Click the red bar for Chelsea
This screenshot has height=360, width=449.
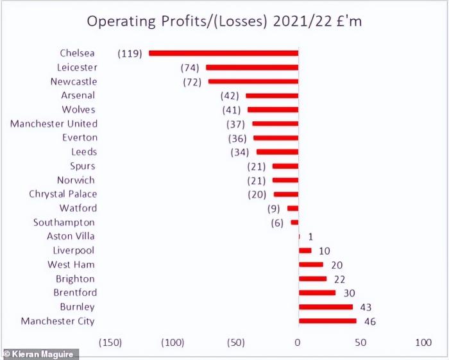tap(223, 53)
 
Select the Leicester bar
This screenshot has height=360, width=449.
tap(251, 67)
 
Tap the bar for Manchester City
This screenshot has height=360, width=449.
tap(327, 321)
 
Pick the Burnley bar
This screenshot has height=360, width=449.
tap(325, 307)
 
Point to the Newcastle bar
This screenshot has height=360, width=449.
tap(253, 81)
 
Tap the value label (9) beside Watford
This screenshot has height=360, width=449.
tap(274, 209)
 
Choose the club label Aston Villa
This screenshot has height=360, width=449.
tap(71, 236)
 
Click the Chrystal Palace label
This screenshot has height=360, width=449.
tap(63, 194)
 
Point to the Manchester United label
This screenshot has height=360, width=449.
tap(54, 123)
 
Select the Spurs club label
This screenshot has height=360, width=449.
tap(83, 166)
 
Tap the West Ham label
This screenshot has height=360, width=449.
tap(71, 264)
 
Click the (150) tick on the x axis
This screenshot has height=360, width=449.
tap(110, 342)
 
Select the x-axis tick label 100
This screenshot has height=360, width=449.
tap(423, 342)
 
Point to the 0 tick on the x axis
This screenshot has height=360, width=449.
tap(298, 342)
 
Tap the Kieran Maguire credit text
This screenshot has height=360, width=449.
tap(40, 354)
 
